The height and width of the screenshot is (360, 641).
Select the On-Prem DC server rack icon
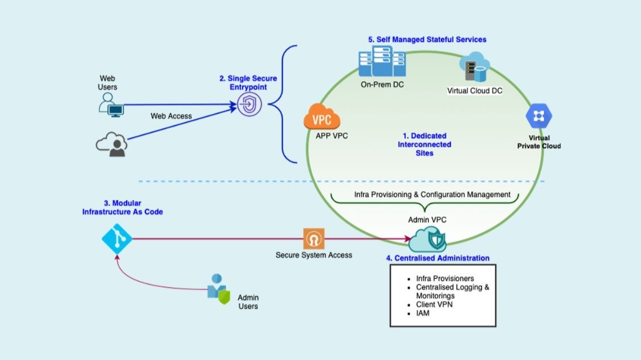point(381,63)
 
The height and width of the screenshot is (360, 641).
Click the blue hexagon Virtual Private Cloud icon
point(539,118)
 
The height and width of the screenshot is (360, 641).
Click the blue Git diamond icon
point(116,238)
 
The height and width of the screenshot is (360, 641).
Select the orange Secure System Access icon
point(314,238)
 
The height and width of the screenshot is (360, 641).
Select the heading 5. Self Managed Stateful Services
point(427,40)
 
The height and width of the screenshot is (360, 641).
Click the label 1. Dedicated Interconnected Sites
point(424,144)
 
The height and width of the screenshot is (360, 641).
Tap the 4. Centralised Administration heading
point(438,258)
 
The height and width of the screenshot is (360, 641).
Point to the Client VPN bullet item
point(434,304)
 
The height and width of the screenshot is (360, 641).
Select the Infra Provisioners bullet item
point(446,279)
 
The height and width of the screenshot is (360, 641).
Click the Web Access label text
point(171,116)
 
